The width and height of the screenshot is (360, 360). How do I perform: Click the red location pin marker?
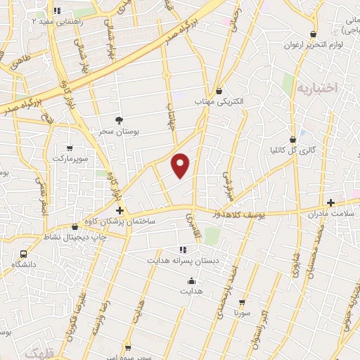coord(181,165)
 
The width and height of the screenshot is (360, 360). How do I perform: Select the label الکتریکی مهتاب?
coord(219,101)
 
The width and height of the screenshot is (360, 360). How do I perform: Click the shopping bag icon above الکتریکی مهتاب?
coord(219,91)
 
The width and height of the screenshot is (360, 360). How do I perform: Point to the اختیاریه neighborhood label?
coord(316,89)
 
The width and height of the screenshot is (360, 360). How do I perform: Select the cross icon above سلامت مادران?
coord(330,202)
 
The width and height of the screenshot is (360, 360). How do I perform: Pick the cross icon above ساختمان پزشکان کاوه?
coord(120,210)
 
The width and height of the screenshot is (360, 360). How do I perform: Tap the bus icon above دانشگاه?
coord(24,254)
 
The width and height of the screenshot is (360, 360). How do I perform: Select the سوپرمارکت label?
coord(69,159)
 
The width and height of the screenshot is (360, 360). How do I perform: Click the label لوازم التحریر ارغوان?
coord(314,45)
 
